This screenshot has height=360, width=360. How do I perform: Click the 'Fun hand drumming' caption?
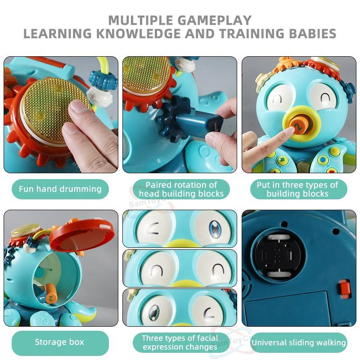coord(60,189)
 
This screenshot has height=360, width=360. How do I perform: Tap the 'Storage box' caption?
coord(60,342)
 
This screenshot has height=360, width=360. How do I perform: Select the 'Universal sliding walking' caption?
coord(298,343)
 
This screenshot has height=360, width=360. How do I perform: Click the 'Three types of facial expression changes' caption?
coord(180,342)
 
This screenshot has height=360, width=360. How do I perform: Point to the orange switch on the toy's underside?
coord(345,288)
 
